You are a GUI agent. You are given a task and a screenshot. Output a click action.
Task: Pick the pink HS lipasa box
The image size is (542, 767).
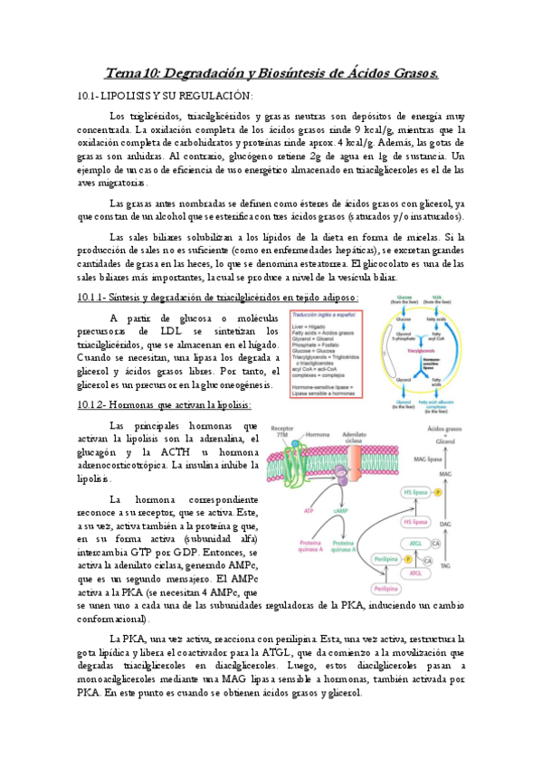[x=416, y=522]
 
